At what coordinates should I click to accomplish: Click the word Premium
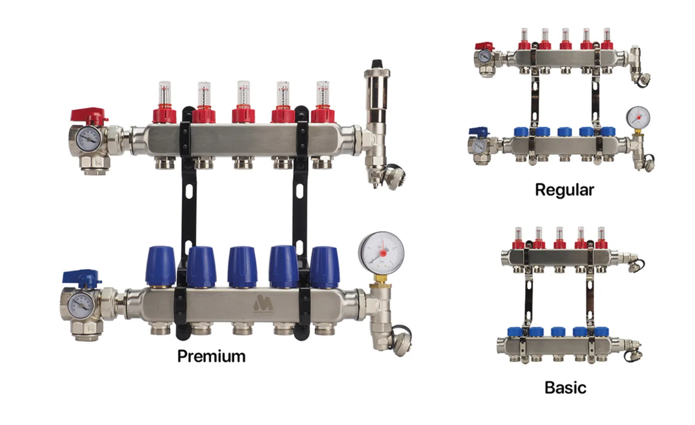pyautogui.click(x=211, y=356)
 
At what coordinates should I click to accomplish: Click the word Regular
pyautogui.click(x=564, y=190)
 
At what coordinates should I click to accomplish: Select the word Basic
pyautogui.click(x=565, y=388)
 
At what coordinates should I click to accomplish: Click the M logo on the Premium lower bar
pyautogui.click(x=263, y=304)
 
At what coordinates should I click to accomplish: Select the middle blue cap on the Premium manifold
pyautogui.click(x=242, y=267)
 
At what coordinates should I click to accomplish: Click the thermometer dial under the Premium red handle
pyautogui.click(x=88, y=139)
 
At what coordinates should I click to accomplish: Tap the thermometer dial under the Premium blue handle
pyautogui.click(x=81, y=304)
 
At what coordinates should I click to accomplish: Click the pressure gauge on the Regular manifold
pyautogui.click(x=638, y=117)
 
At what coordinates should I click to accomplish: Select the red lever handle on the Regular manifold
pyautogui.click(x=484, y=46)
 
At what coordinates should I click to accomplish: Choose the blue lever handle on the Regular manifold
pyautogui.click(x=480, y=131)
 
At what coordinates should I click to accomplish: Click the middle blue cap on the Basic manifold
pyautogui.click(x=558, y=332)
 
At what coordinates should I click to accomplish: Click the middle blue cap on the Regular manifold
pyautogui.click(x=564, y=131)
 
